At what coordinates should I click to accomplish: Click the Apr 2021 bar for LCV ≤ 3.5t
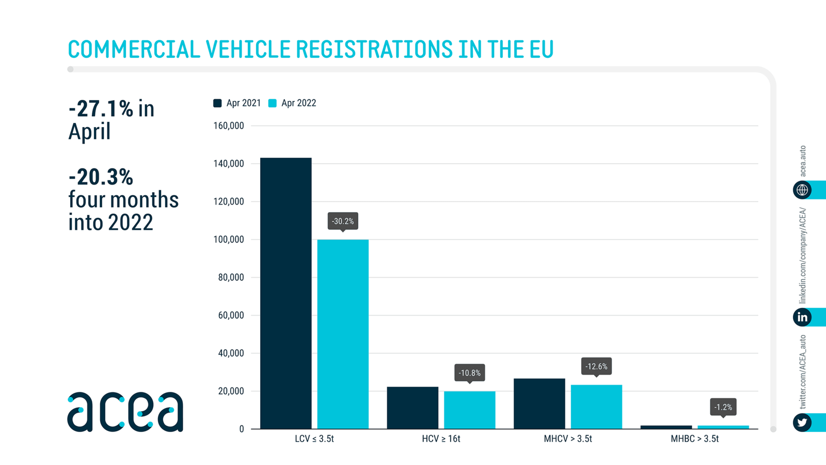pos(285,293)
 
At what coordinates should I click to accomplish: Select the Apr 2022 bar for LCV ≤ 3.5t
pos(343,334)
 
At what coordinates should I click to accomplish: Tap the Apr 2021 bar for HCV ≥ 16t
pos(412,408)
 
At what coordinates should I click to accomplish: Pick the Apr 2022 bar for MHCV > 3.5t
pos(596,407)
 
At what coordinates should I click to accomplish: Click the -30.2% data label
pos(343,221)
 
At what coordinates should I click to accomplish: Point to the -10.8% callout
pos(469,373)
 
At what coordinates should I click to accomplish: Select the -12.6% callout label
pos(596,366)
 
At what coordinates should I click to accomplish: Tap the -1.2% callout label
pos(723,407)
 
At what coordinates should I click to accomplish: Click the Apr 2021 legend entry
pos(237,103)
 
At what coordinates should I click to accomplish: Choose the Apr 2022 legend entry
pos(293,103)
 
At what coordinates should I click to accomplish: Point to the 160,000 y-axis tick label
pos(228,126)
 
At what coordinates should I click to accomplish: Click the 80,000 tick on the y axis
pos(231,277)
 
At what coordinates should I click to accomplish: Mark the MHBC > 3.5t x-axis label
pos(694,439)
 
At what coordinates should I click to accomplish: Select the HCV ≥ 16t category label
pos(441,439)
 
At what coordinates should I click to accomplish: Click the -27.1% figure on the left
pos(101,109)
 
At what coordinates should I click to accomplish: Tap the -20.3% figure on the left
pos(101,177)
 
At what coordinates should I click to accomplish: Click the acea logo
pos(125,412)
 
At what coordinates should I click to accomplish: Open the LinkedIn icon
pos(802,317)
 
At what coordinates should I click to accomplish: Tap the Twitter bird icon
pos(802,423)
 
